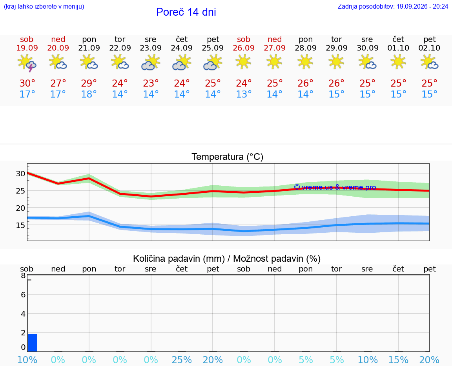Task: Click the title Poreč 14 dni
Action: click(x=186, y=12)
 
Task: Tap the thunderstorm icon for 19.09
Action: click(x=27, y=63)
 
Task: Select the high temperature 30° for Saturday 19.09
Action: click(x=27, y=83)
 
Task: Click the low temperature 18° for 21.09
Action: click(x=89, y=94)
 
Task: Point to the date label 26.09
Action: click(x=244, y=48)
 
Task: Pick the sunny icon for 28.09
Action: click(x=305, y=62)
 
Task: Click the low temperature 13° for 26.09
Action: click(x=244, y=94)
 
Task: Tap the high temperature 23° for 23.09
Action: click(x=151, y=83)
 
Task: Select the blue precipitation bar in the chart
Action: click(x=32, y=342)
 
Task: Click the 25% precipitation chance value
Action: click(x=182, y=360)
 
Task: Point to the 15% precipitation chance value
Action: click(x=398, y=360)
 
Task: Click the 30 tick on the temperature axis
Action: click(x=20, y=174)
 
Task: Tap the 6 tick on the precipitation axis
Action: click(x=24, y=295)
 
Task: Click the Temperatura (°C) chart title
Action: click(x=228, y=157)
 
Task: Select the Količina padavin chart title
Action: click(x=227, y=259)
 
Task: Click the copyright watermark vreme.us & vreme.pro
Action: click(x=335, y=187)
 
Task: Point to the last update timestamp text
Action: click(x=393, y=6)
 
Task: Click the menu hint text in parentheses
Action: click(x=44, y=6)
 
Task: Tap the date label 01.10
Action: click(x=398, y=48)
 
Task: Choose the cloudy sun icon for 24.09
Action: click(x=182, y=62)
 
